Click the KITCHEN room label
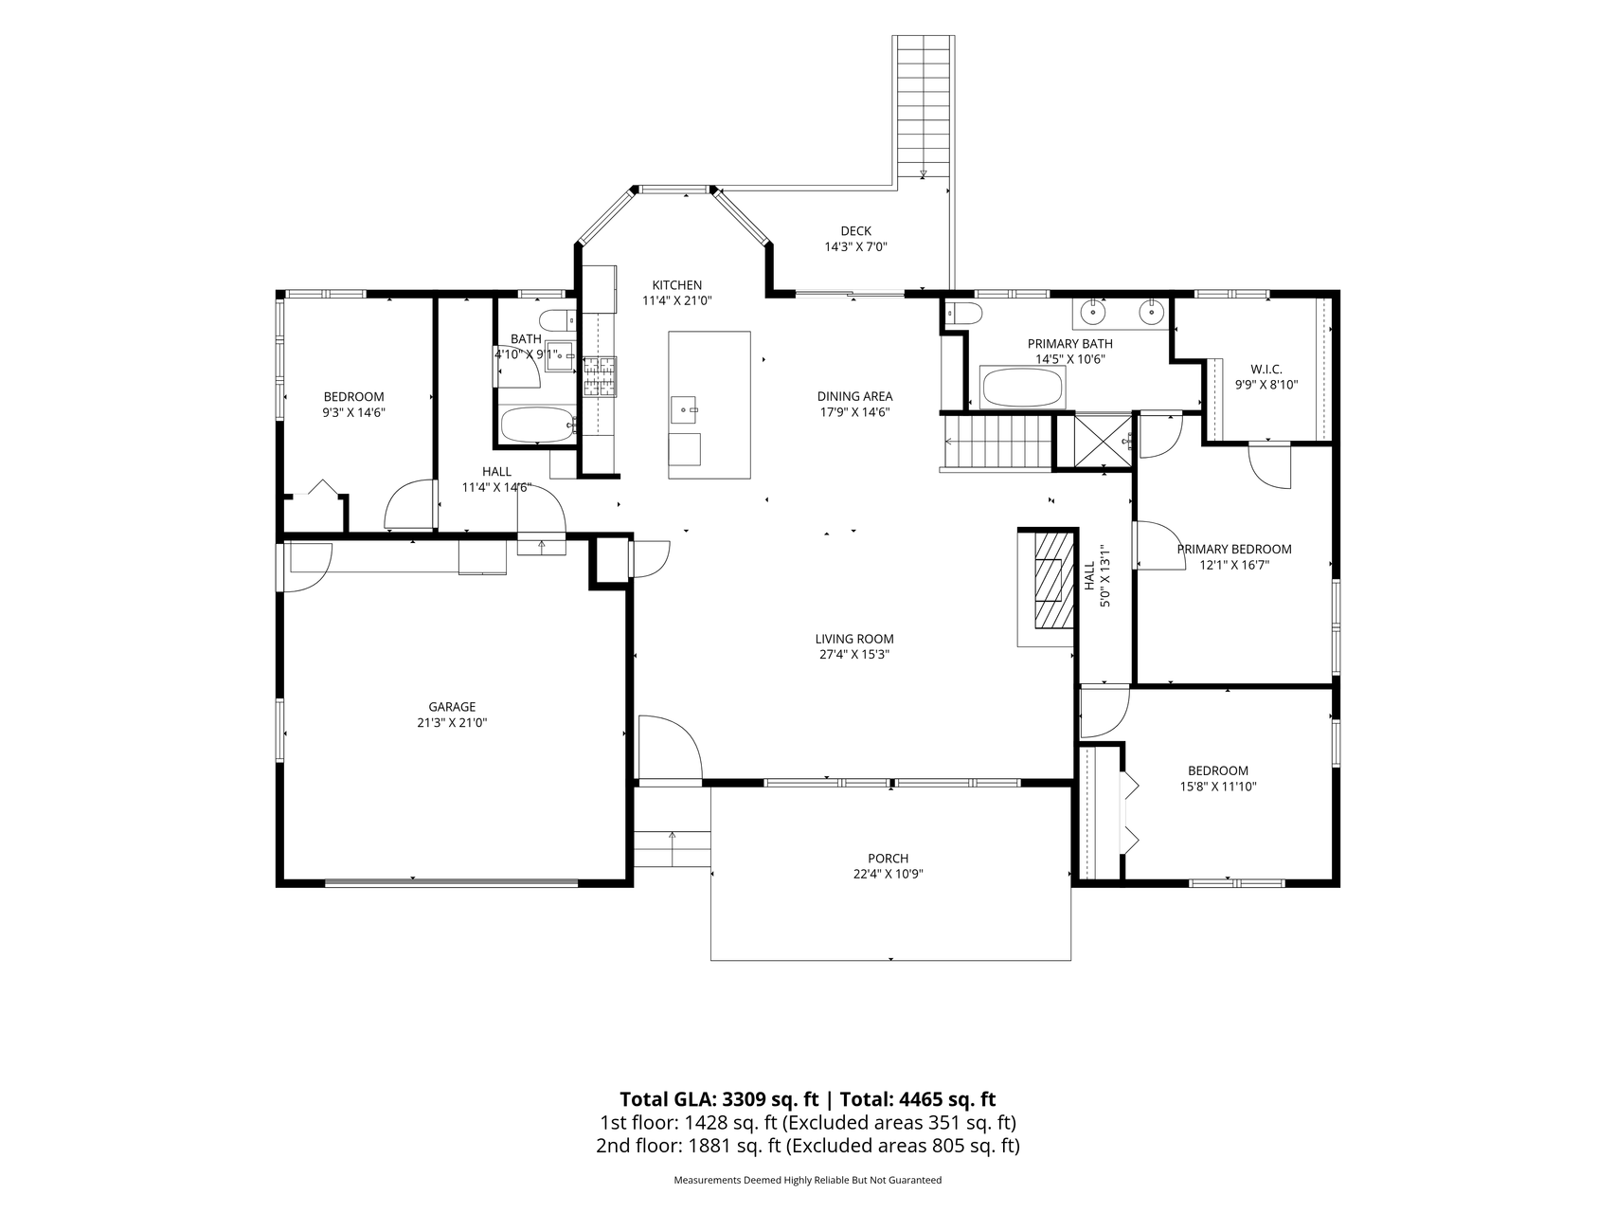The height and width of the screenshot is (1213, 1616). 676,285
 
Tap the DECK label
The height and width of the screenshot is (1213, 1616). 855,231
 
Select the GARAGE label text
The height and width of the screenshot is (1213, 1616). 452,707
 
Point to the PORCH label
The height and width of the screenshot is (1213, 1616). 888,859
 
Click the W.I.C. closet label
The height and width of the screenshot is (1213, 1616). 1266,369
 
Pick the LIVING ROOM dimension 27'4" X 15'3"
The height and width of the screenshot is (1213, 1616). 854,654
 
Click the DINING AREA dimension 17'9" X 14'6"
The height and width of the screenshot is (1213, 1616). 854,412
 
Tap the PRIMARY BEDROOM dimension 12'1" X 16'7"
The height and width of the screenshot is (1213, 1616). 1233,565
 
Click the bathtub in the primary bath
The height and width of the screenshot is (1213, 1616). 1023,388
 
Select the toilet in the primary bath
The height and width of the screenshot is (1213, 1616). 964,314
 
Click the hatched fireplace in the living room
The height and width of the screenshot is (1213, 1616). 1053,580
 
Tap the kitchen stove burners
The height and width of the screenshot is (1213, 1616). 599,375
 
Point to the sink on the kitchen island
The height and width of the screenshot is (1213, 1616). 683,410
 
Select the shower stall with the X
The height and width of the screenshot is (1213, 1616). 1094,441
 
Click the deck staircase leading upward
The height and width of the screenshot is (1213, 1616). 924,105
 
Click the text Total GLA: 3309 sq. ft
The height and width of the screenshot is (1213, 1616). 719,1099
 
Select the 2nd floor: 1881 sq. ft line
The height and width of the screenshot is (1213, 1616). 807,1146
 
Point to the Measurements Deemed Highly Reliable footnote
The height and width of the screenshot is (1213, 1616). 807,1181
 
